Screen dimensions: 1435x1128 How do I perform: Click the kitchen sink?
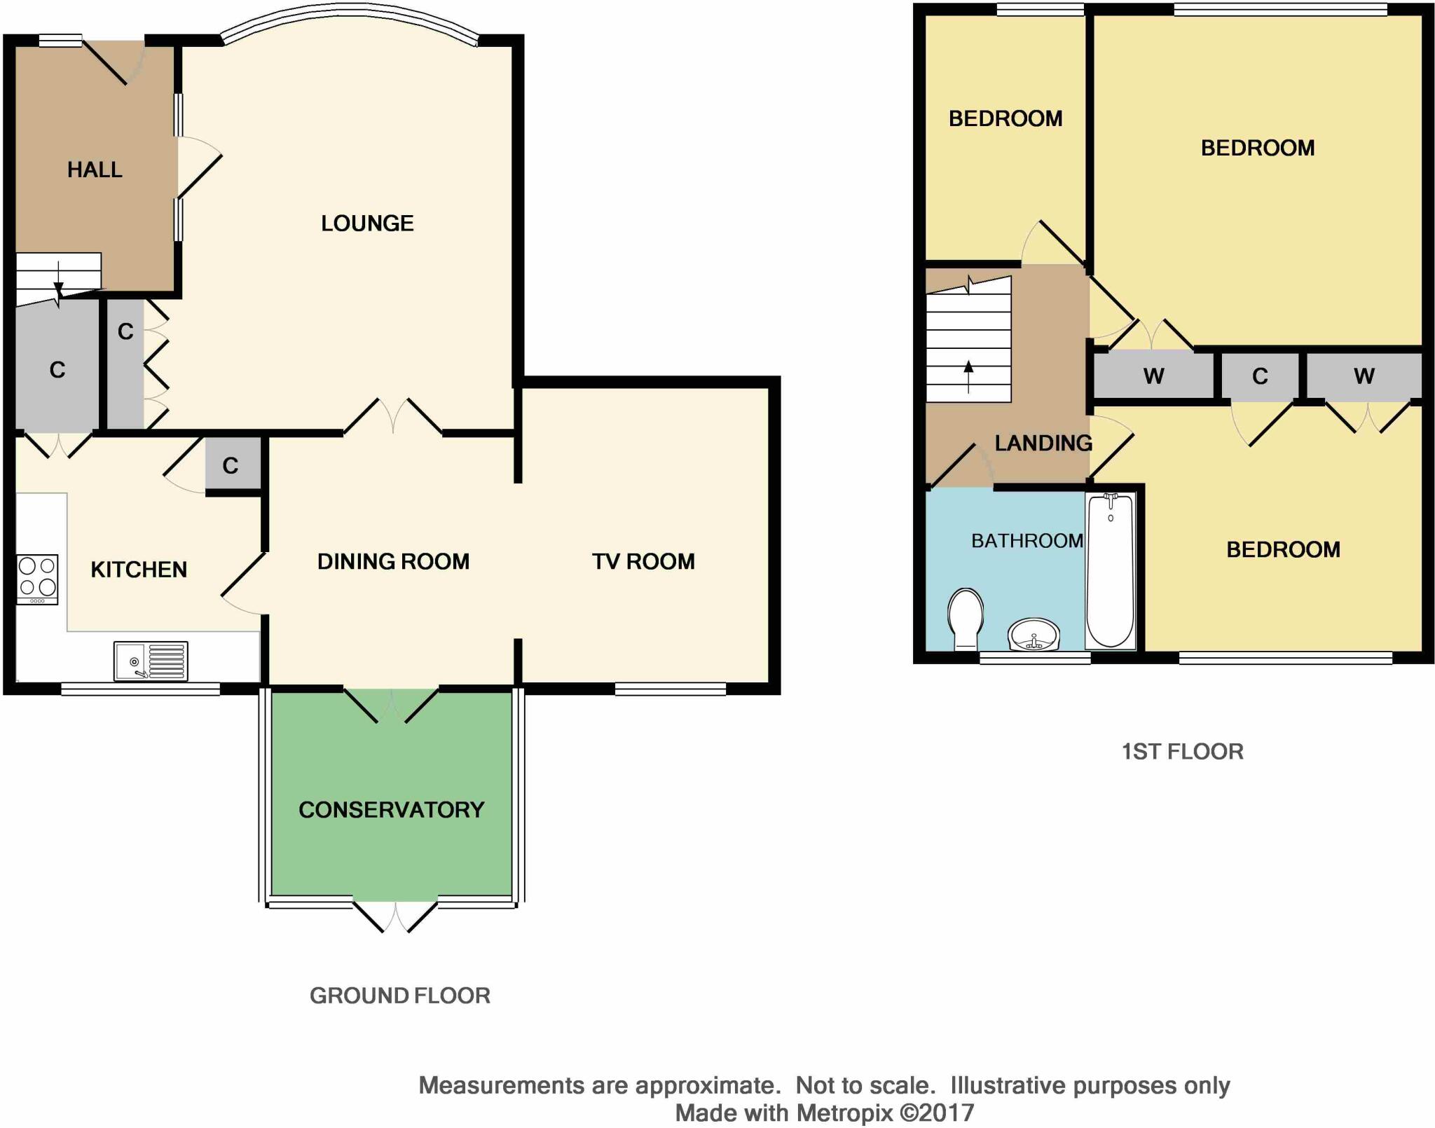pos(151,661)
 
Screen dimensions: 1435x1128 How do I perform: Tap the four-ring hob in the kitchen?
pos(37,579)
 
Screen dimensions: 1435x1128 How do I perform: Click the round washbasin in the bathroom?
pos(1034,635)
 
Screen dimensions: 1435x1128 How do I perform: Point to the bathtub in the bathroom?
pos(1110,570)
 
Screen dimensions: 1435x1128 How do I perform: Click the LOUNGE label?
pos(367,223)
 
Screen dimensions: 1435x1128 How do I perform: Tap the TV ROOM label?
pos(643,561)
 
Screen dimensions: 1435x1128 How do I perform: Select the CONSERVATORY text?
pos(392,810)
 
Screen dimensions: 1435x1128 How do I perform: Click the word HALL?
pos(95,170)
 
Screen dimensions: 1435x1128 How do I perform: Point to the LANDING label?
pos(1043,443)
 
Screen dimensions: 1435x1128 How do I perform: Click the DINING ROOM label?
pos(393,561)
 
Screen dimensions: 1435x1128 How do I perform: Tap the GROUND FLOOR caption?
pos(400,996)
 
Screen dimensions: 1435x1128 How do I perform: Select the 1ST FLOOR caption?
pos(1183,752)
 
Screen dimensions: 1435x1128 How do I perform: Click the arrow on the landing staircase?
pos(969,376)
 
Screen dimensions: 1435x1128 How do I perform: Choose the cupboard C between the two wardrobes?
pos(1260,377)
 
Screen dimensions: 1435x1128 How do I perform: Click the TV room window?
pos(671,689)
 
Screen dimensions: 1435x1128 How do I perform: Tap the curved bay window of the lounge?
pos(350,19)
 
